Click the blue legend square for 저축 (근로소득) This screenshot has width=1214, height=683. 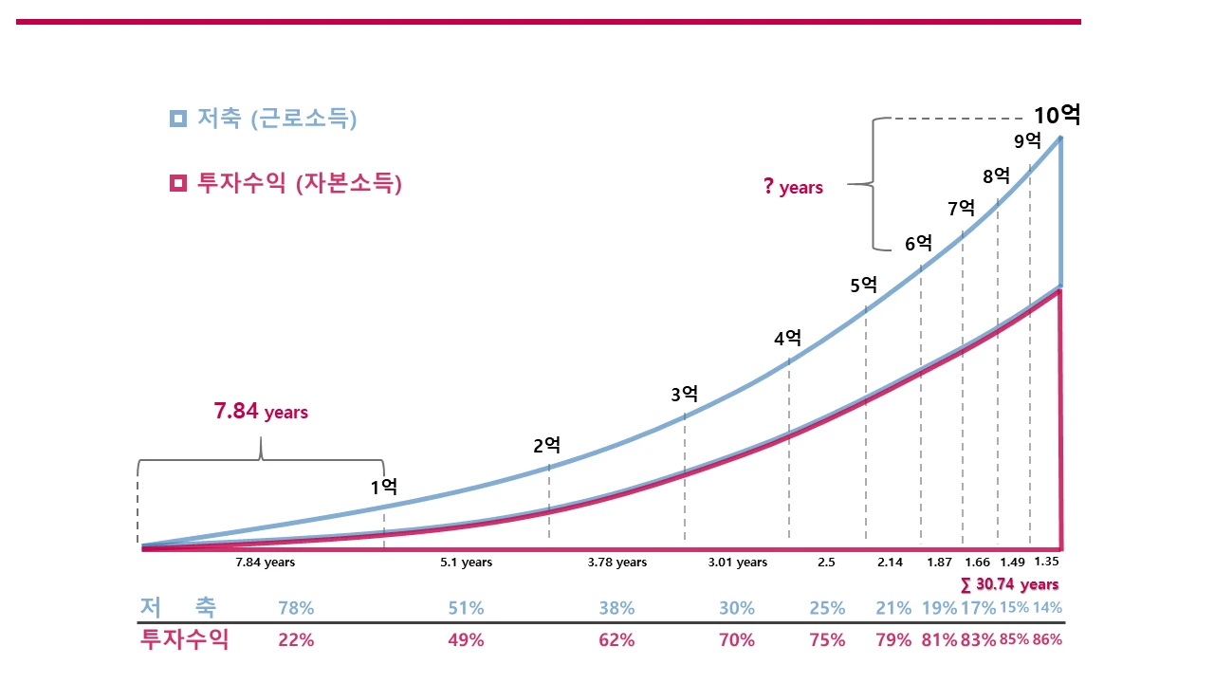178,119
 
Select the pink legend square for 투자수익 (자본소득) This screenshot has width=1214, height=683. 178,183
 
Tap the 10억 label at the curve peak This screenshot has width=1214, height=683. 1057,116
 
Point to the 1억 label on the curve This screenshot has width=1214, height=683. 383,488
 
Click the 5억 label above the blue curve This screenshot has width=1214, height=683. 864,285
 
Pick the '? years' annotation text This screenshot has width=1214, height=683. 793,187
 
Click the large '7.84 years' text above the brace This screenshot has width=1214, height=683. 261,412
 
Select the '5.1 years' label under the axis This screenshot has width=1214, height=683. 466,563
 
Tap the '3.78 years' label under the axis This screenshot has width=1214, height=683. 616,563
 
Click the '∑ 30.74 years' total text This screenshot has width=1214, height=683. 1009,584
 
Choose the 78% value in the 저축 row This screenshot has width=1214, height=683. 296,608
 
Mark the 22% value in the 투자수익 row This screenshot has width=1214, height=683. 296,639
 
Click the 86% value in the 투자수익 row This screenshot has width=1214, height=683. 1047,639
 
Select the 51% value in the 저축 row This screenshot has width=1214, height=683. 466,608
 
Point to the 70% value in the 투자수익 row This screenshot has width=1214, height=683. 737,639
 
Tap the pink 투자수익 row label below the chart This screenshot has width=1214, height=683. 184,638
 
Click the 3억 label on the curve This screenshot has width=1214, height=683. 684,395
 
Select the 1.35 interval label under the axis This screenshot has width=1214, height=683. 1046,562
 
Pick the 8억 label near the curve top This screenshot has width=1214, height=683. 996,175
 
